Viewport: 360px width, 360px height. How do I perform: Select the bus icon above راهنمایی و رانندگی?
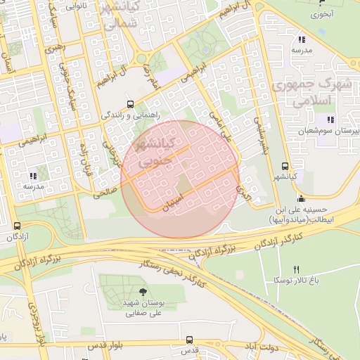click(129, 102)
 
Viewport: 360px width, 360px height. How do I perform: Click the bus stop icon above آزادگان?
click(17, 226)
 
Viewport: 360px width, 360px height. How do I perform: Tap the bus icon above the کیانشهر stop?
click(284, 167)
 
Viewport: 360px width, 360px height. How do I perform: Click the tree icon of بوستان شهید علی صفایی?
click(144, 292)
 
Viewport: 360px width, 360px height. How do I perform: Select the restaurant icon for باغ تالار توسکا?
click(295, 269)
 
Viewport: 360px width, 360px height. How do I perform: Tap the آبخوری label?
click(322, 13)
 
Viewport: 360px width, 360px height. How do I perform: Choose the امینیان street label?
click(176, 202)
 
